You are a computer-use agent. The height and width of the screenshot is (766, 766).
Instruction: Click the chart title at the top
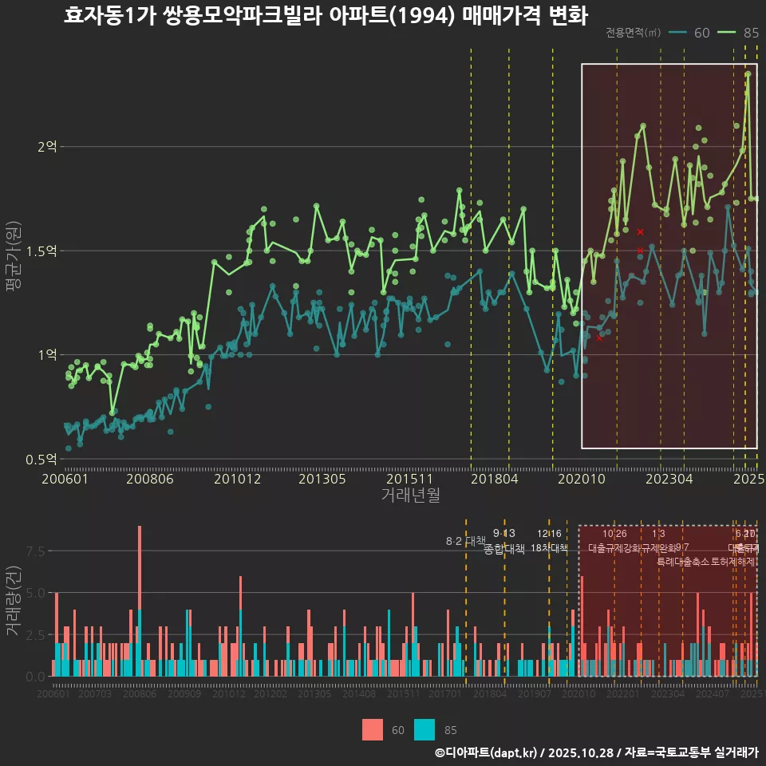click(x=325, y=16)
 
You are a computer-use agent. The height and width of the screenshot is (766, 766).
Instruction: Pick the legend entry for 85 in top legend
click(x=739, y=33)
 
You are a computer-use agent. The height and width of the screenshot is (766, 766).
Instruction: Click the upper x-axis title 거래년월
click(x=410, y=496)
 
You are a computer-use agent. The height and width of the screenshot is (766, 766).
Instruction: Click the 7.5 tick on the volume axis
click(x=36, y=551)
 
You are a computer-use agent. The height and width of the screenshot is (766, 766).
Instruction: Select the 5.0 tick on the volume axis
click(x=36, y=593)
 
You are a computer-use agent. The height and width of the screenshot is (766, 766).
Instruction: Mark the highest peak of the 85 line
click(x=748, y=73)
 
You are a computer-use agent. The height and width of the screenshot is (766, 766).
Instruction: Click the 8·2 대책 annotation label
click(x=465, y=541)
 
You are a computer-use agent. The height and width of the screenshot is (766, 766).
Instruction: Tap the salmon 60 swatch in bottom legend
click(x=373, y=729)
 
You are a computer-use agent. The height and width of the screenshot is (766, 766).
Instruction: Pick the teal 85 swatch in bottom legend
click(x=424, y=729)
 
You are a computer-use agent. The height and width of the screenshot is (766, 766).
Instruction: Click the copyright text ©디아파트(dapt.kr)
click(x=487, y=752)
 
